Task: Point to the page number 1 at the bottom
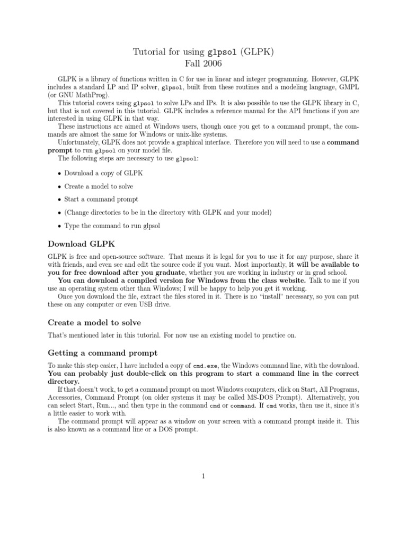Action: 203,476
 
